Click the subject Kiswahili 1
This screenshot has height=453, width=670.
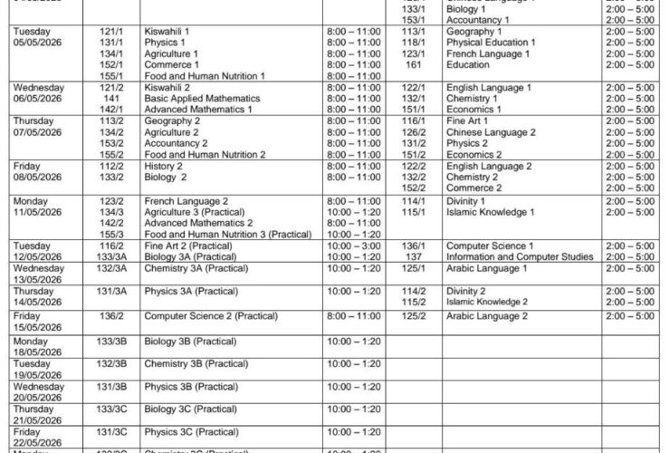(167, 32)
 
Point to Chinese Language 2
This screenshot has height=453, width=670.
(491, 131)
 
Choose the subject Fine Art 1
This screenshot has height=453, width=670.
(467, 120)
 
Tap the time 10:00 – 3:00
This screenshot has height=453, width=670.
(352, 246)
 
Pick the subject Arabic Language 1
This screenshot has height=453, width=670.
(487, 268)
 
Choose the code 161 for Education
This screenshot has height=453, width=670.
(414, 65)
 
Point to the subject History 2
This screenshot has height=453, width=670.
(163, 166)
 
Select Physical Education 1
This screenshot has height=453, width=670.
(491, 43)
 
